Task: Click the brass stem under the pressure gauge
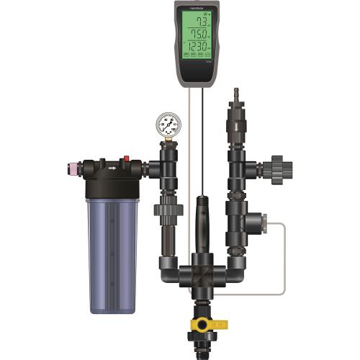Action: coord(168,145)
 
